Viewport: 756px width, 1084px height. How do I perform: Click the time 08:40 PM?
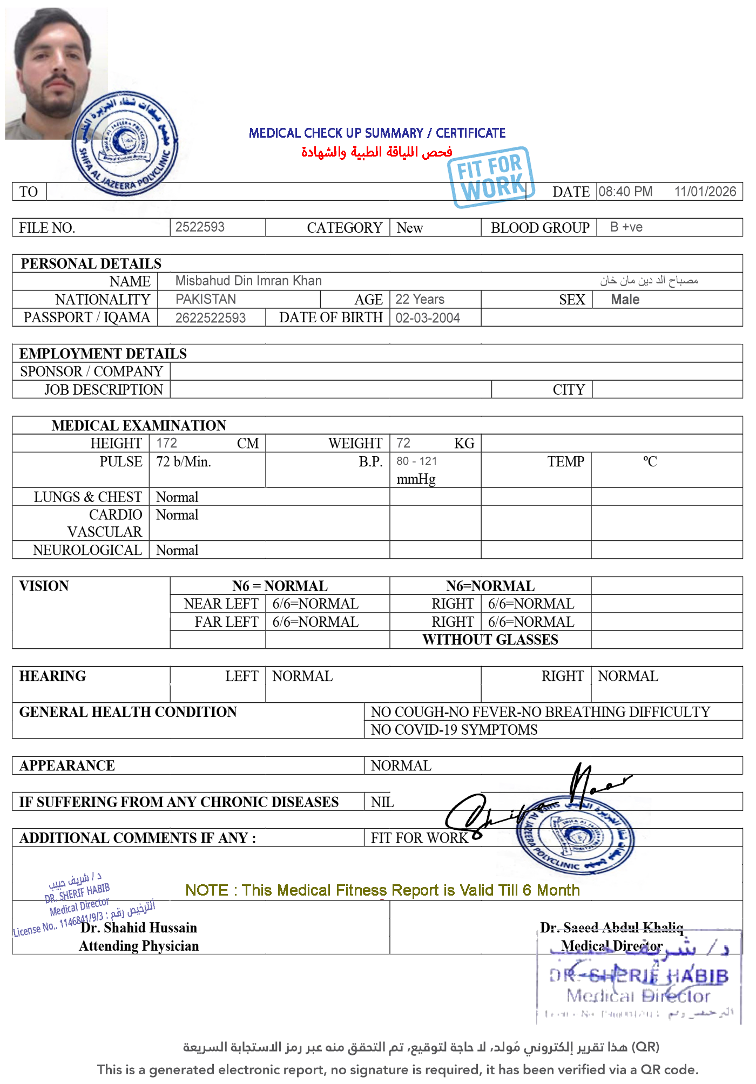(x=625, y=192)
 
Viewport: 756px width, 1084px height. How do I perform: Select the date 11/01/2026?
(x=705, y=192)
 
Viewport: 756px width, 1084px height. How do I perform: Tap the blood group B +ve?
(x=626, y=227)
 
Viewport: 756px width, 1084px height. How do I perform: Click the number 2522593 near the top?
(x=200, y=227)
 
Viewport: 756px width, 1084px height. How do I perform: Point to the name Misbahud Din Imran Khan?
(x=248, y=281)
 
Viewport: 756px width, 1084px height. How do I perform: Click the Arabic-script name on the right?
(x=649, y=280)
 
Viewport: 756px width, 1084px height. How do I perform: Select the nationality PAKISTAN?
(x=206, y=299)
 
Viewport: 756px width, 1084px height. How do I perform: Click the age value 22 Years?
(x=420, y=299)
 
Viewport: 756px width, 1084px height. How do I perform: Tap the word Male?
(x=625, y=300)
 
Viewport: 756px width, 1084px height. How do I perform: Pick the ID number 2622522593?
(x=211, y=318)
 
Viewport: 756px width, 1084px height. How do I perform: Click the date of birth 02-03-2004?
(x=428, y=318)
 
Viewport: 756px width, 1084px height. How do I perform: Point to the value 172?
(x=166, y=443)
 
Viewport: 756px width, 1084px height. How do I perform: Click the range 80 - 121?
(x=417, y=462)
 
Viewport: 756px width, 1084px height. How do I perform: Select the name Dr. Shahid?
(x=113, y=927)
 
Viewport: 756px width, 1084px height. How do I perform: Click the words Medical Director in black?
(x=611, y=946)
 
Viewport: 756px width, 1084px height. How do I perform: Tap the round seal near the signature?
(x=575, y=834)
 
